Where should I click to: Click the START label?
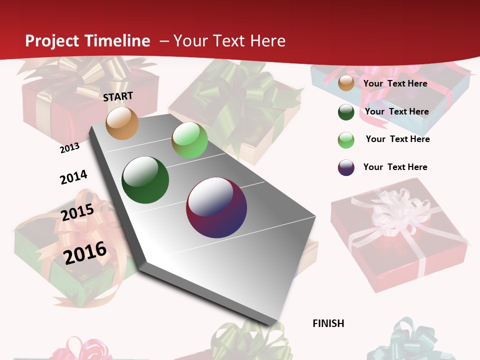coord(118,96)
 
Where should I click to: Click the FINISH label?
coord(328,323)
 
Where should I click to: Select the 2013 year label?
coord(69,148)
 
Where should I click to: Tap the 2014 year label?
coord(73,177)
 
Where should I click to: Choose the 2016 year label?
coord(85,252)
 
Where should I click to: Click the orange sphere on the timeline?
coord(122,123)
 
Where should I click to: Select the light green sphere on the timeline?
coord(189,140)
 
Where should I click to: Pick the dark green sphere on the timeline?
coord(145,180)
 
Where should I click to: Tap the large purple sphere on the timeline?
coord(216,207)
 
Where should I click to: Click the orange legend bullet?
coord(346,83)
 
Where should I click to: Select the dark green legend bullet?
coord(346,112)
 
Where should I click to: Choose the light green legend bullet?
coord(346,140)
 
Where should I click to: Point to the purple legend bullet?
coord(346,167)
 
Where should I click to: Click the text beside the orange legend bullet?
coord(395,83)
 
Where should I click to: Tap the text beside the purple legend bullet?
coord(395,167)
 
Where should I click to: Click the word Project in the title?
coord(52,41)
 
